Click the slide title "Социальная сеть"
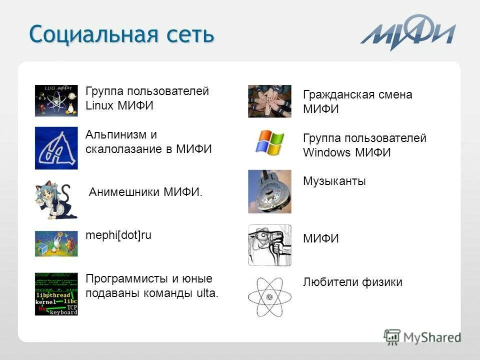tap(121, 34)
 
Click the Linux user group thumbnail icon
tap(56, 100)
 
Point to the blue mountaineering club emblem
tap(56, 148)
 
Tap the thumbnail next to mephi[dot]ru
tap(56, 243)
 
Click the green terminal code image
tap(56, 294)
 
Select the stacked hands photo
tap(269, 101)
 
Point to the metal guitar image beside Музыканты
tap(269, 191)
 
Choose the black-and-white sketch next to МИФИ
tap(269, 245)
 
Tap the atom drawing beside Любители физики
tap(269, 296)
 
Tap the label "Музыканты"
tap(334, 181)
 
